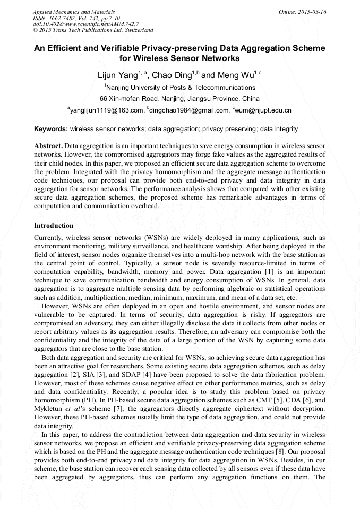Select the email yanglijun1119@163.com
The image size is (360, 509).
pos(107,110)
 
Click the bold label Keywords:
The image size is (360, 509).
pos(50,129)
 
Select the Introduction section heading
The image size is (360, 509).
pos(54,226)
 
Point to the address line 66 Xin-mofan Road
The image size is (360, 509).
pos(179,99)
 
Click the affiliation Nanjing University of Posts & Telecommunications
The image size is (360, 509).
pos(181,87)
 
